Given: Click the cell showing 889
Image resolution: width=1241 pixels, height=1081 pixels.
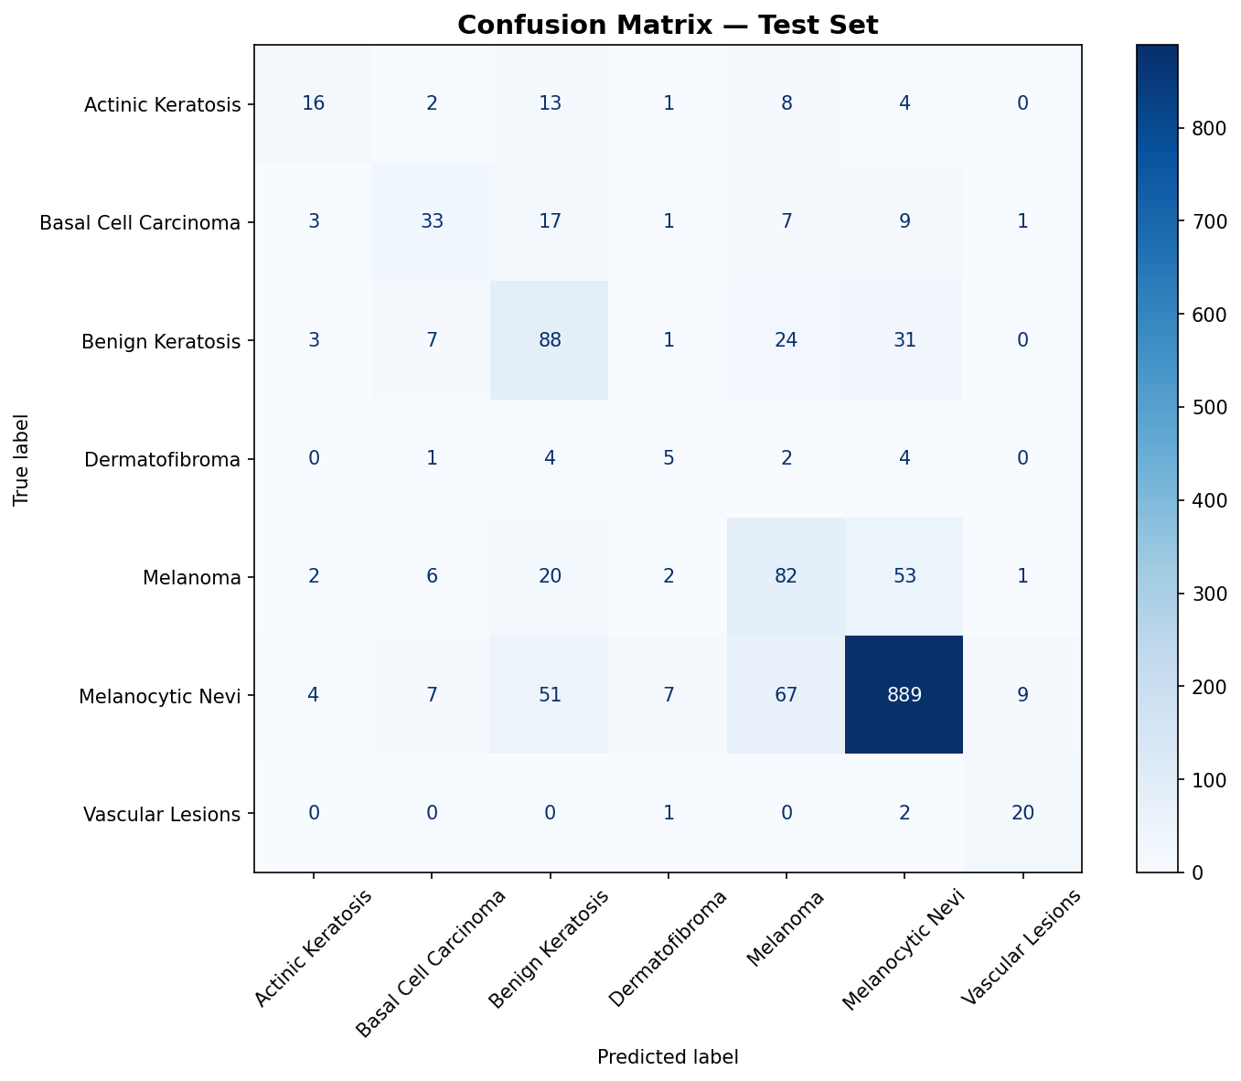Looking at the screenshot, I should point(904,695).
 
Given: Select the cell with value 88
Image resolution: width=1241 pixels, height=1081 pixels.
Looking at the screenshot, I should point(549,340).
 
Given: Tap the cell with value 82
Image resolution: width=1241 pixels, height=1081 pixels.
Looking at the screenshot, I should point(786,577).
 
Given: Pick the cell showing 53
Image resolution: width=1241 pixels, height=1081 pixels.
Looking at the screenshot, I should point(904,577).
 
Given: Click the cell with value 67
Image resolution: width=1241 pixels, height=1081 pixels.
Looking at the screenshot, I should point(786,695).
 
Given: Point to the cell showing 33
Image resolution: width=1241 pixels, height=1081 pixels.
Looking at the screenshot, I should point(431,221).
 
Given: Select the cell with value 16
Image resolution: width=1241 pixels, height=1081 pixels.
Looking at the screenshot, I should point(313,103).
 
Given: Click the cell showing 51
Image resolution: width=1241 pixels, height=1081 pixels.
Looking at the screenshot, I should point(549,695).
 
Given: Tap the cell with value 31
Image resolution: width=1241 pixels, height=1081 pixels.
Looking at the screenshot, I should point(904,340).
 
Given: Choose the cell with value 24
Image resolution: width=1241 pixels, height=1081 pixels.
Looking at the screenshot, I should point(786,340).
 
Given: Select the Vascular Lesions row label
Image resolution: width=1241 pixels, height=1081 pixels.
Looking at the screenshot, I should point(163,814).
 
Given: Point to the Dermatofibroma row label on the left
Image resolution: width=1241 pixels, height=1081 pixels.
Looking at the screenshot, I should point(163,459).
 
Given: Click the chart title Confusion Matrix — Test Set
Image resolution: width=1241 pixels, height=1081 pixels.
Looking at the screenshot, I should point(668,25).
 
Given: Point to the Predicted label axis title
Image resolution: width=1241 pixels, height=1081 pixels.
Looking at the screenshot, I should point(668,1057).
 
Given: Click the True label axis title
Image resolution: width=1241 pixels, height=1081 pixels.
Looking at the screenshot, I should point(21,459).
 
